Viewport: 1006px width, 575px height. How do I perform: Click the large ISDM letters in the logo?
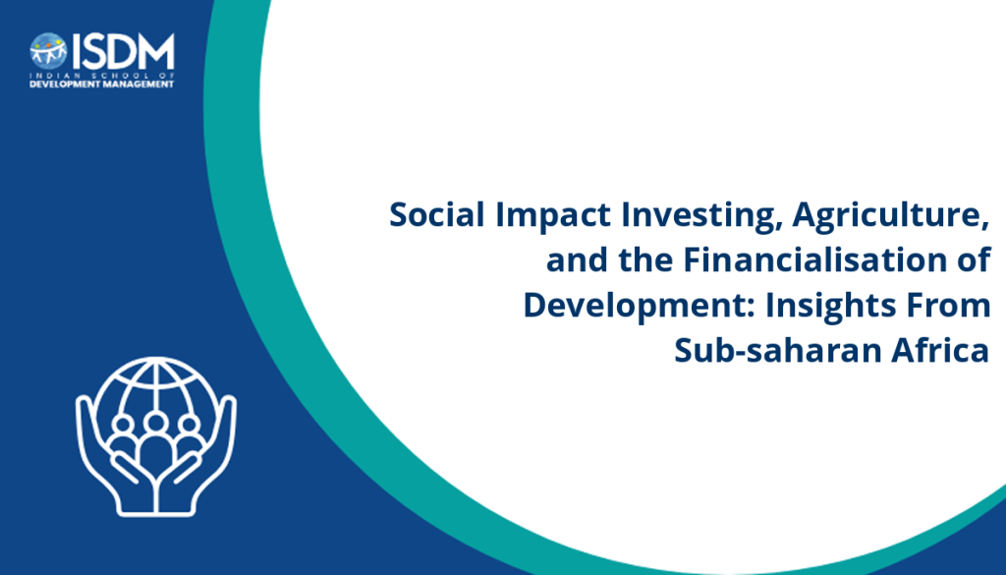[123, 52]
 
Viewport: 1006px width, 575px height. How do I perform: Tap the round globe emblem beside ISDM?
[48, 51]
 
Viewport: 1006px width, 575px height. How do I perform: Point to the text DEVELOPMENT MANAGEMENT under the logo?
[102, 85]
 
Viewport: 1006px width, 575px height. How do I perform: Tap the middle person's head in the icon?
[156, 423]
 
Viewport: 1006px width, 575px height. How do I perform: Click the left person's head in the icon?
[123, 425]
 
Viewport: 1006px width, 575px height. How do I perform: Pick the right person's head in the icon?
[190, 425]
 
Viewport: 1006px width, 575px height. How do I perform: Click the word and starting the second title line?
[577, 259]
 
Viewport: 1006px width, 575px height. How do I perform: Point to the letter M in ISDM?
[157, 52]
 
